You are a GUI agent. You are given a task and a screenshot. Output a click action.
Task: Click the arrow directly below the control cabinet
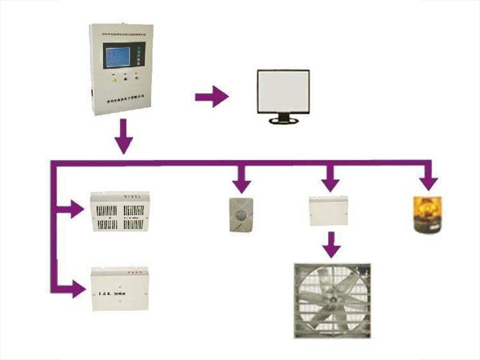(122, 138)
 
